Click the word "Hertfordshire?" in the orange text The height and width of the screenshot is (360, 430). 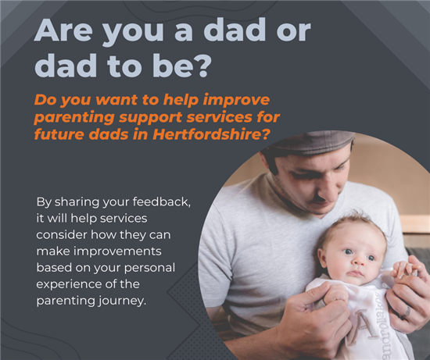coord(210,135)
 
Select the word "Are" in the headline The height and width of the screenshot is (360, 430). coord(63,30)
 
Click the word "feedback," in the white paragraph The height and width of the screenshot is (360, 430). coord(162,202)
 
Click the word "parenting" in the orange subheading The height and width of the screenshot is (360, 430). coord(74,118)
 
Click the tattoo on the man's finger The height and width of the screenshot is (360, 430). coord(405,312)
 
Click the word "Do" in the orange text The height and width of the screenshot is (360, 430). coord(42,100)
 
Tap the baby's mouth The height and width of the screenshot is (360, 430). coord(356,273)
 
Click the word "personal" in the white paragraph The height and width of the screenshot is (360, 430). coord(149,268)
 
